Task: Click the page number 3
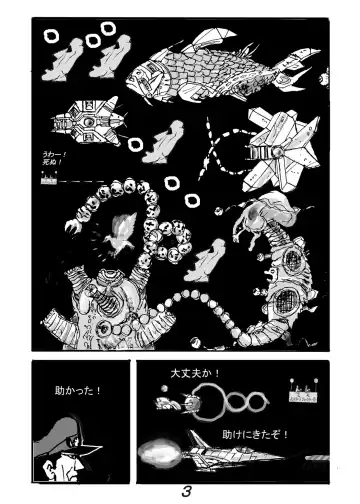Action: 185,491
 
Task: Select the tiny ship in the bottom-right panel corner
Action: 303,388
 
